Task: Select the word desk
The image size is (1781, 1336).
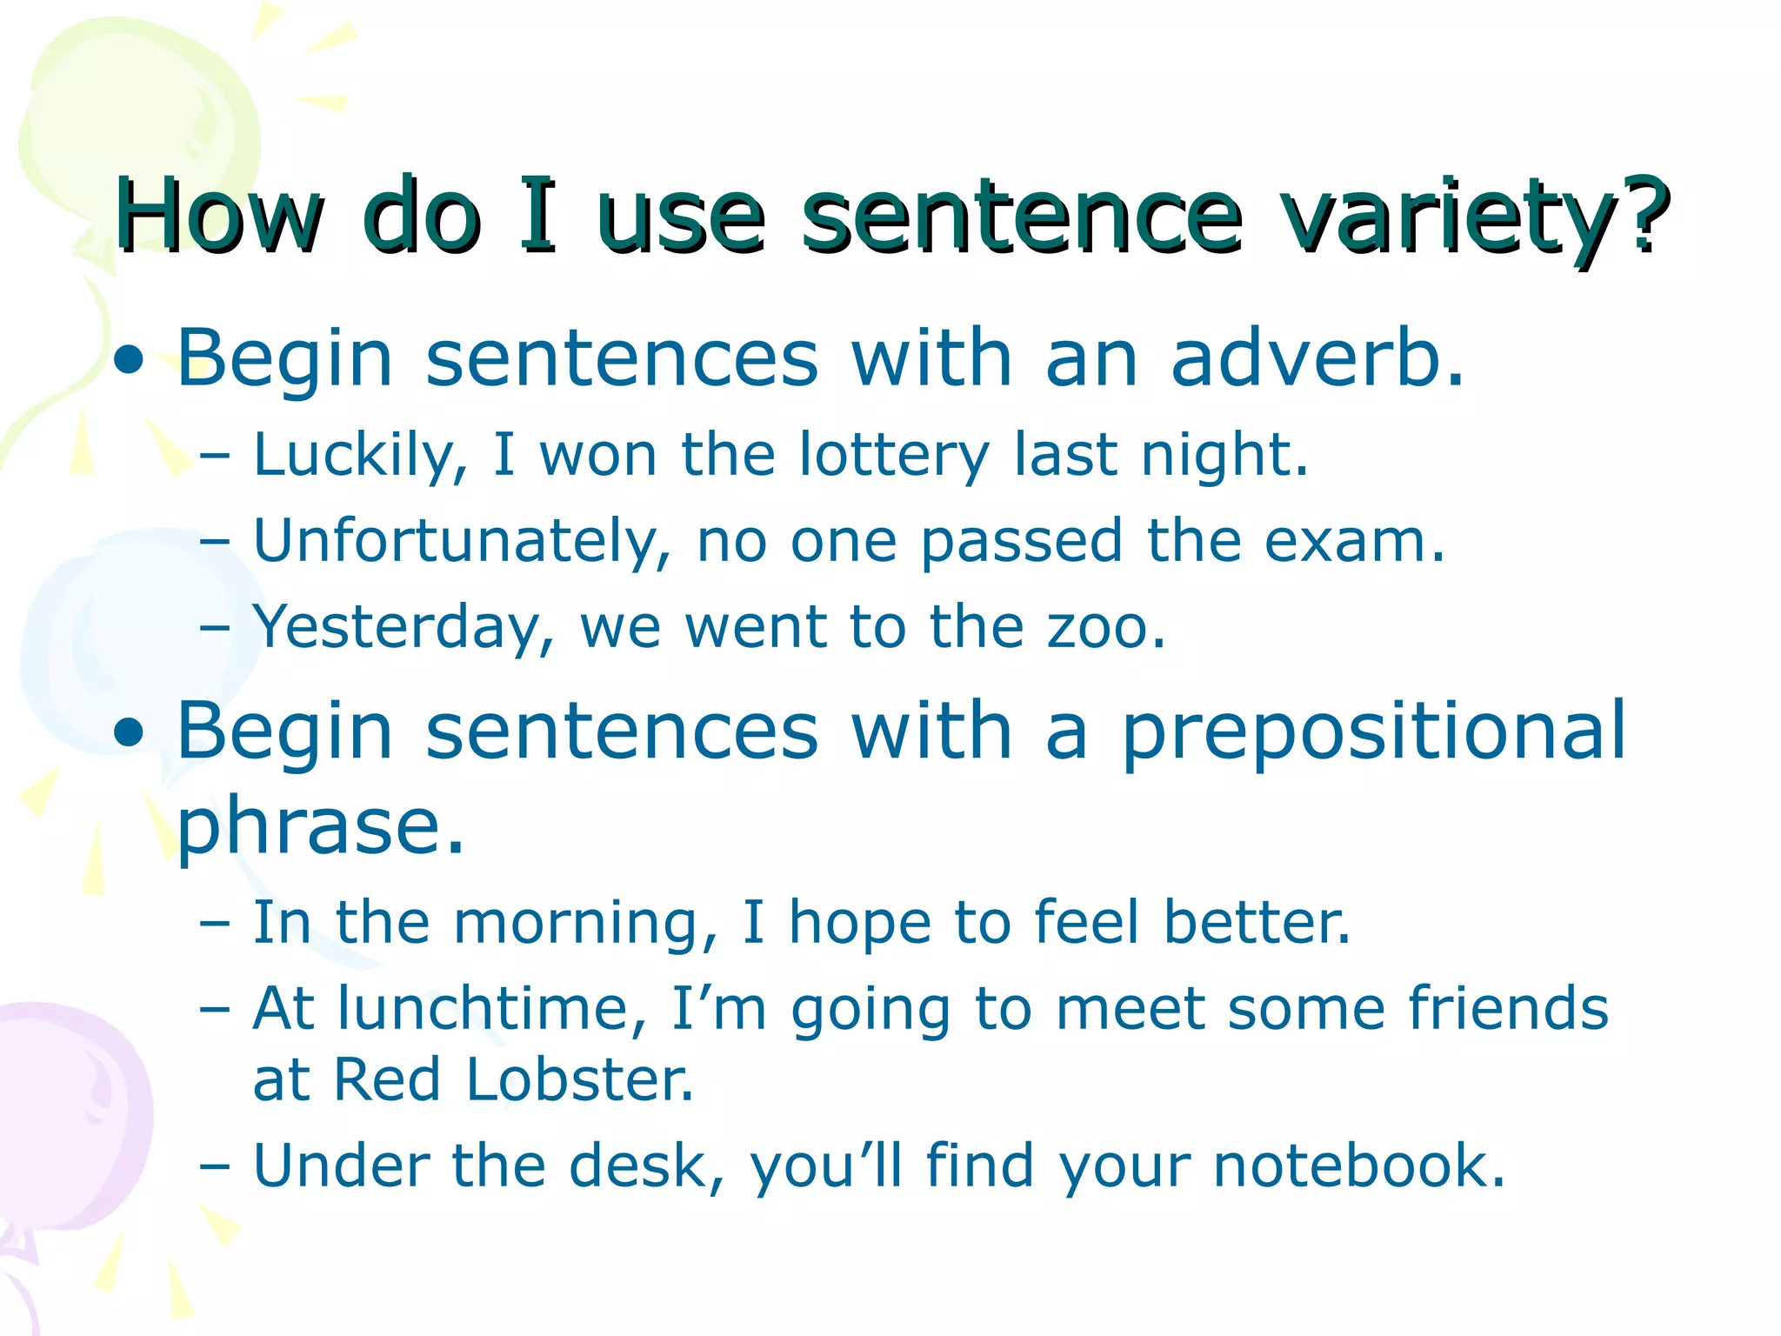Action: coord(644,1166)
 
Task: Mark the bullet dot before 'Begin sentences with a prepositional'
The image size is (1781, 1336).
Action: coord(129,732)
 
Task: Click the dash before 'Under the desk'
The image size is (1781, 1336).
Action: coord(214,1166)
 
